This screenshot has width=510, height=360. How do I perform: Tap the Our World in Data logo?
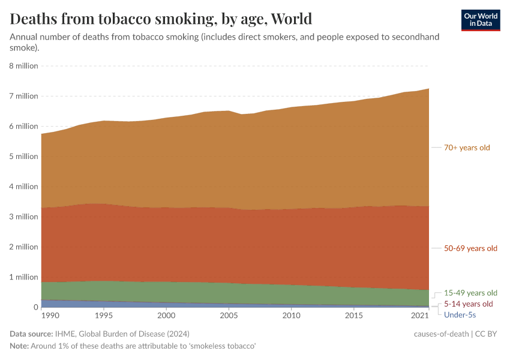click(481, 20)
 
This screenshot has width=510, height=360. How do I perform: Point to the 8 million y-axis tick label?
click(24, 65)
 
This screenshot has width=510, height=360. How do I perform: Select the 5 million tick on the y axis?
click(24, 156)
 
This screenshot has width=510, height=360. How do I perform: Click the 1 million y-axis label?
click(24, 277)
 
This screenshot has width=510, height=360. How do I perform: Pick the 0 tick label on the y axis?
click(35, 307)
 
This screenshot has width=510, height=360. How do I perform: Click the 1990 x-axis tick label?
click(50, 316)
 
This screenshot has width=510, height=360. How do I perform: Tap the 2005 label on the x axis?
click(228, 316)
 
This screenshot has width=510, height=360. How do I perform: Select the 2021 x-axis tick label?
click(420, 316)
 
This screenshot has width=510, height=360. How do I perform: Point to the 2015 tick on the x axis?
click(354, 316)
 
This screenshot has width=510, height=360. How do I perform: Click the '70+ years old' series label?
click(467, 148)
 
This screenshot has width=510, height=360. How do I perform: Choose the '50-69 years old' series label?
click(470, 248)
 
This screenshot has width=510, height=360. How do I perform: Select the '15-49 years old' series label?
click(470, 293)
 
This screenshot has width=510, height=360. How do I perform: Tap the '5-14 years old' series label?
click(469, 304)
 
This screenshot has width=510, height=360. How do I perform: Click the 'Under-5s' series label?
click(460, 314)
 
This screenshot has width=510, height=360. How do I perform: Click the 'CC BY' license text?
click(486, 334)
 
